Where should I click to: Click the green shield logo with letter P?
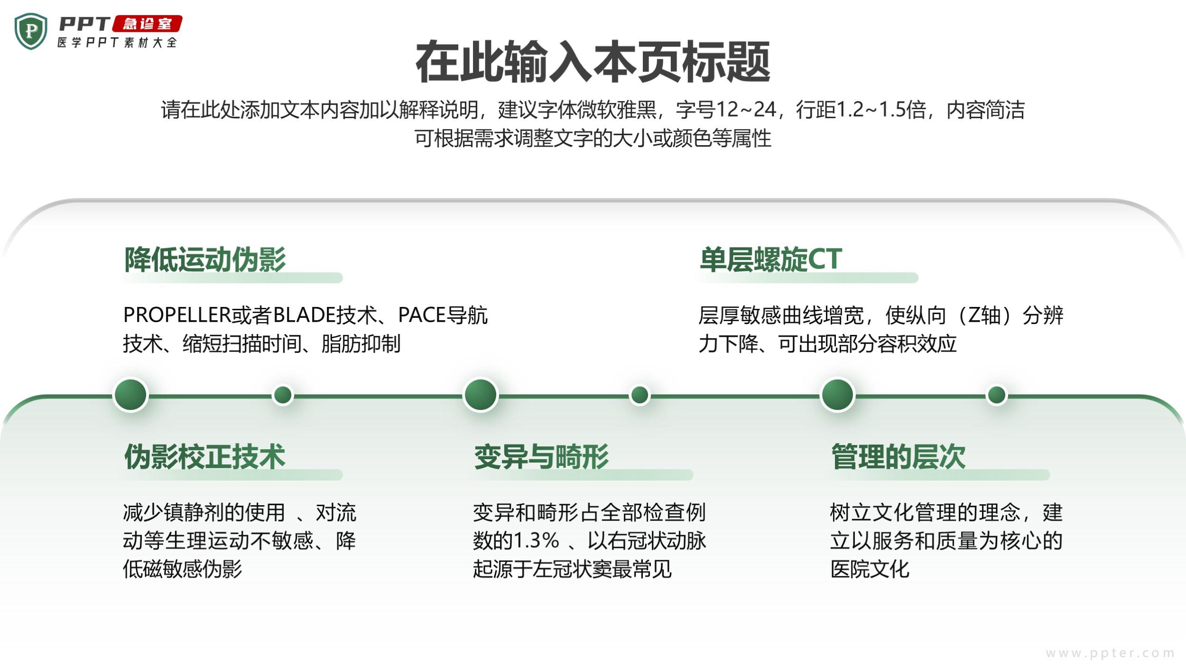31,31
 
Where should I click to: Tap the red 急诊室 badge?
147,24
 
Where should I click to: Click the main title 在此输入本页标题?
593,62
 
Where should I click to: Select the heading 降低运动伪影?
205,259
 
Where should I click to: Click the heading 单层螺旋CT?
771,259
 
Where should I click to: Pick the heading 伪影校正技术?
205,457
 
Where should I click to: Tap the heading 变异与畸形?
541,457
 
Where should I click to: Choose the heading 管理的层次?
899,457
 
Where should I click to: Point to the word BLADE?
304,315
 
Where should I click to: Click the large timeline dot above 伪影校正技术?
130,395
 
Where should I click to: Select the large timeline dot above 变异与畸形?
481,395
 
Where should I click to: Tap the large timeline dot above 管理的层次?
837,395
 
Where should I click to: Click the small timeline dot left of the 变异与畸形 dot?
283,395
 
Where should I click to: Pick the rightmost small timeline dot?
997,395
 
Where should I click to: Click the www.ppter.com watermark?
1110,653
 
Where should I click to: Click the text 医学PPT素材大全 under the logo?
117,43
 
